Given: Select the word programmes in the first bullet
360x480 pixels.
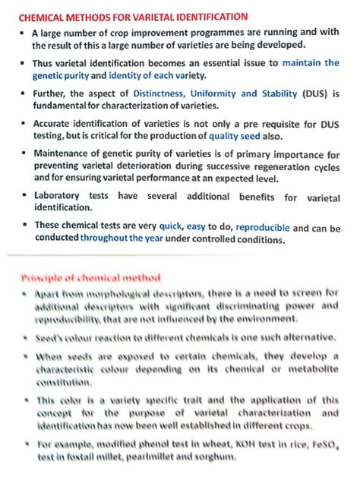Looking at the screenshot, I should pyautogui.click(x=195, y=34).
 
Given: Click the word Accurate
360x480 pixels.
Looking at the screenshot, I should pyautogui.click(x=57, y=123).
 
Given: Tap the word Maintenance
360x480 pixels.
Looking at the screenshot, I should pyautogui.click(x=66, y=153).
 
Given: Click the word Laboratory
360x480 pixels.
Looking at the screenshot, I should pyautogui.click(x=60, y=196).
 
